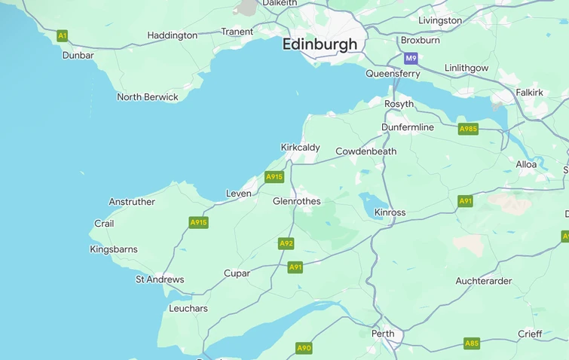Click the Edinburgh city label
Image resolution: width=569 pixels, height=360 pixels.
[x=320, y=44]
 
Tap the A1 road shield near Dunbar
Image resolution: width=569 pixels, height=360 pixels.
[x=63, y=35]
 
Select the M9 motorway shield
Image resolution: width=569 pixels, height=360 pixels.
[x=411, y=58]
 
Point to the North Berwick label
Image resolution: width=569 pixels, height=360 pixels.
[x=148, y=97]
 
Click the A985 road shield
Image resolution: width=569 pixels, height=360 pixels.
[x=468, y=129]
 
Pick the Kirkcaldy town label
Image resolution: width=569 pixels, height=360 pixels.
[x=300, y=148]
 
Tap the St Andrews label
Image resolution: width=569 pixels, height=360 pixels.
[x=160, y=279]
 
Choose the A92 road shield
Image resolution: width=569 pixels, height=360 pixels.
[x=286, y=243]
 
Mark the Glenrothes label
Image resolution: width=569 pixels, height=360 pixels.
[x=296, y=201]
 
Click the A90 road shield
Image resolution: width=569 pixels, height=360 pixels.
[x=304, y=348]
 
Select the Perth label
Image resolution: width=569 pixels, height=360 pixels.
[x=383, y=333]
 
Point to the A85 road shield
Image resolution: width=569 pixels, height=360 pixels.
[x=471, y=343]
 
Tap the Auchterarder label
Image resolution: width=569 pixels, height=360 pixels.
[x=484, y=281]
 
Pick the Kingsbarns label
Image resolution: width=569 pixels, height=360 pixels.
[x=114, y=249]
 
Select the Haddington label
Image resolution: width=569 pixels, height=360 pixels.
[x=172, y=35]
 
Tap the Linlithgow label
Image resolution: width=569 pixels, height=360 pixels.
[x=467, y=68]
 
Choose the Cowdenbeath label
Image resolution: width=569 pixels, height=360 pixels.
[x=366, y=151]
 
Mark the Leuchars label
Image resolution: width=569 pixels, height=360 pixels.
[x=188, y=309]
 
